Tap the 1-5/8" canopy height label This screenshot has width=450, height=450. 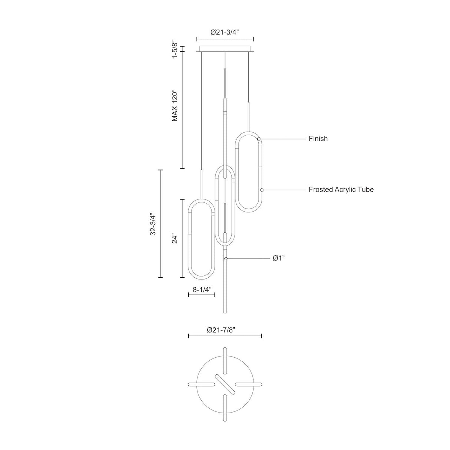(x=175, y=50)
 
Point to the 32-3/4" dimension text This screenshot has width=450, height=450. (x=153, y=224)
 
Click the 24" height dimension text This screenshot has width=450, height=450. (x=175, y=238)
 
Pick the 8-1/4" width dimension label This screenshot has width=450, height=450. (x=202, y=289)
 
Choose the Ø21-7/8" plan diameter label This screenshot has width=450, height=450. (x=221, y=330)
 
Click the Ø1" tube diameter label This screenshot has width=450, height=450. (x=279, y=258)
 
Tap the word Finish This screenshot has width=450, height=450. (x=318, y=139)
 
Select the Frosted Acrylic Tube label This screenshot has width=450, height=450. (x=341, y=189)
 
